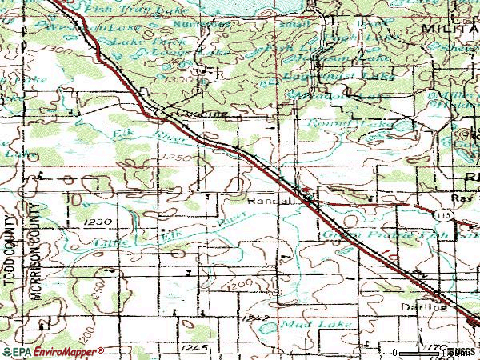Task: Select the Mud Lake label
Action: pyautogui.click(x=300, y=325)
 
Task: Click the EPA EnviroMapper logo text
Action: pyautogui.click(x=53, y=351)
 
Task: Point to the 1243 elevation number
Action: pyautogui.click(x=250, y=318)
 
